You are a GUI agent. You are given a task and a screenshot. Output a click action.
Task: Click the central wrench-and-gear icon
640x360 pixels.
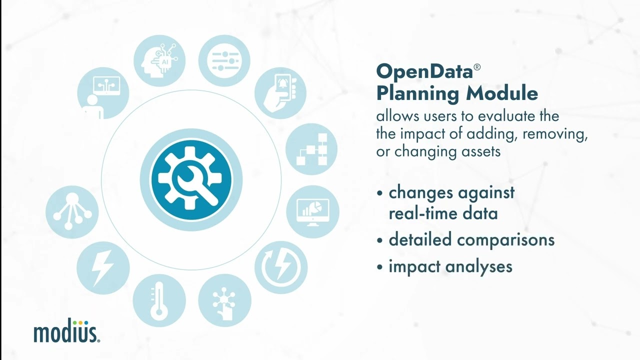(x=191, y=180)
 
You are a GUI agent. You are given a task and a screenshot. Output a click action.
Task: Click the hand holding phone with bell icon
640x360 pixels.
(x=280, y=92)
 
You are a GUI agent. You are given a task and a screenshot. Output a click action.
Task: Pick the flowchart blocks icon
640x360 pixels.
(x=311, y=149)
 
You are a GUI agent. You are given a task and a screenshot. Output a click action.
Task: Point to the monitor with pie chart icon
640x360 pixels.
(x=312, y=211)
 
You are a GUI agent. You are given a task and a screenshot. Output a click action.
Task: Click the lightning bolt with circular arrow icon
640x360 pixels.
(x=281, y=267)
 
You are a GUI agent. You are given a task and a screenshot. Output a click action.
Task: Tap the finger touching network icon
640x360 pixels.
(x=224, y=300)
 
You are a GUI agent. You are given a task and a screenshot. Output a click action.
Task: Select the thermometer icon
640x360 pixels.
(x=159, y=300)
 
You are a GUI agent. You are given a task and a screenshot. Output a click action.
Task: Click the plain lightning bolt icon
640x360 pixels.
(x=103, y=267)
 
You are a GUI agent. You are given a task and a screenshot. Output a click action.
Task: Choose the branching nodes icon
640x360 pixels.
(x=72, y=211)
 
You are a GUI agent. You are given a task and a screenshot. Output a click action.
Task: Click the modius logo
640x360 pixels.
(x=66, y=332)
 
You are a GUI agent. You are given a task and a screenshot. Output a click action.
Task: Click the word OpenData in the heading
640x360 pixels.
(x=424, y=71)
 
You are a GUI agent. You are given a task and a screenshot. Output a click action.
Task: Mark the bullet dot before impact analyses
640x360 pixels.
(x=381, y=267)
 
